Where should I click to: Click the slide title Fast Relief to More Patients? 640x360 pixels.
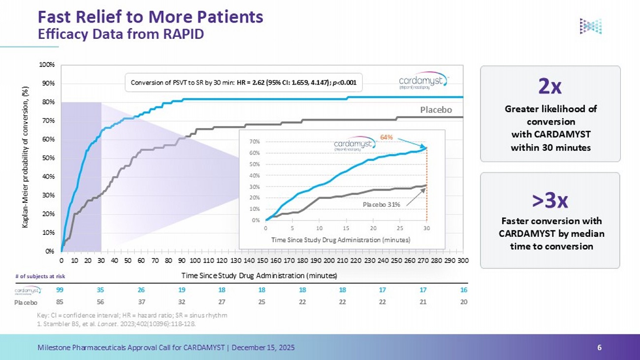[x=151, y=17]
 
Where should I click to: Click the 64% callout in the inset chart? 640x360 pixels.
[x=386, y=136]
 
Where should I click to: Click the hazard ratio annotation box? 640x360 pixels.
[x=244, y=83]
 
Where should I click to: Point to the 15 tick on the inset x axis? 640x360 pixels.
[x=346, y=228]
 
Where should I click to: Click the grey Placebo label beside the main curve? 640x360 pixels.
[x=436, y=110]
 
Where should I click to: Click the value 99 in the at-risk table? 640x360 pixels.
[x=60, y=290]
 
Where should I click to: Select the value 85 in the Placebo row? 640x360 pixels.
[x=60, y=302]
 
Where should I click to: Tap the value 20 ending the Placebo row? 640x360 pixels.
[x=463, y=302]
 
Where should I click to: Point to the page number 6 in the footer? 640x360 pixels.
[x=599, y=347]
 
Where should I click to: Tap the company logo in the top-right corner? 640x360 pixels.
[x=590, y=26]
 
